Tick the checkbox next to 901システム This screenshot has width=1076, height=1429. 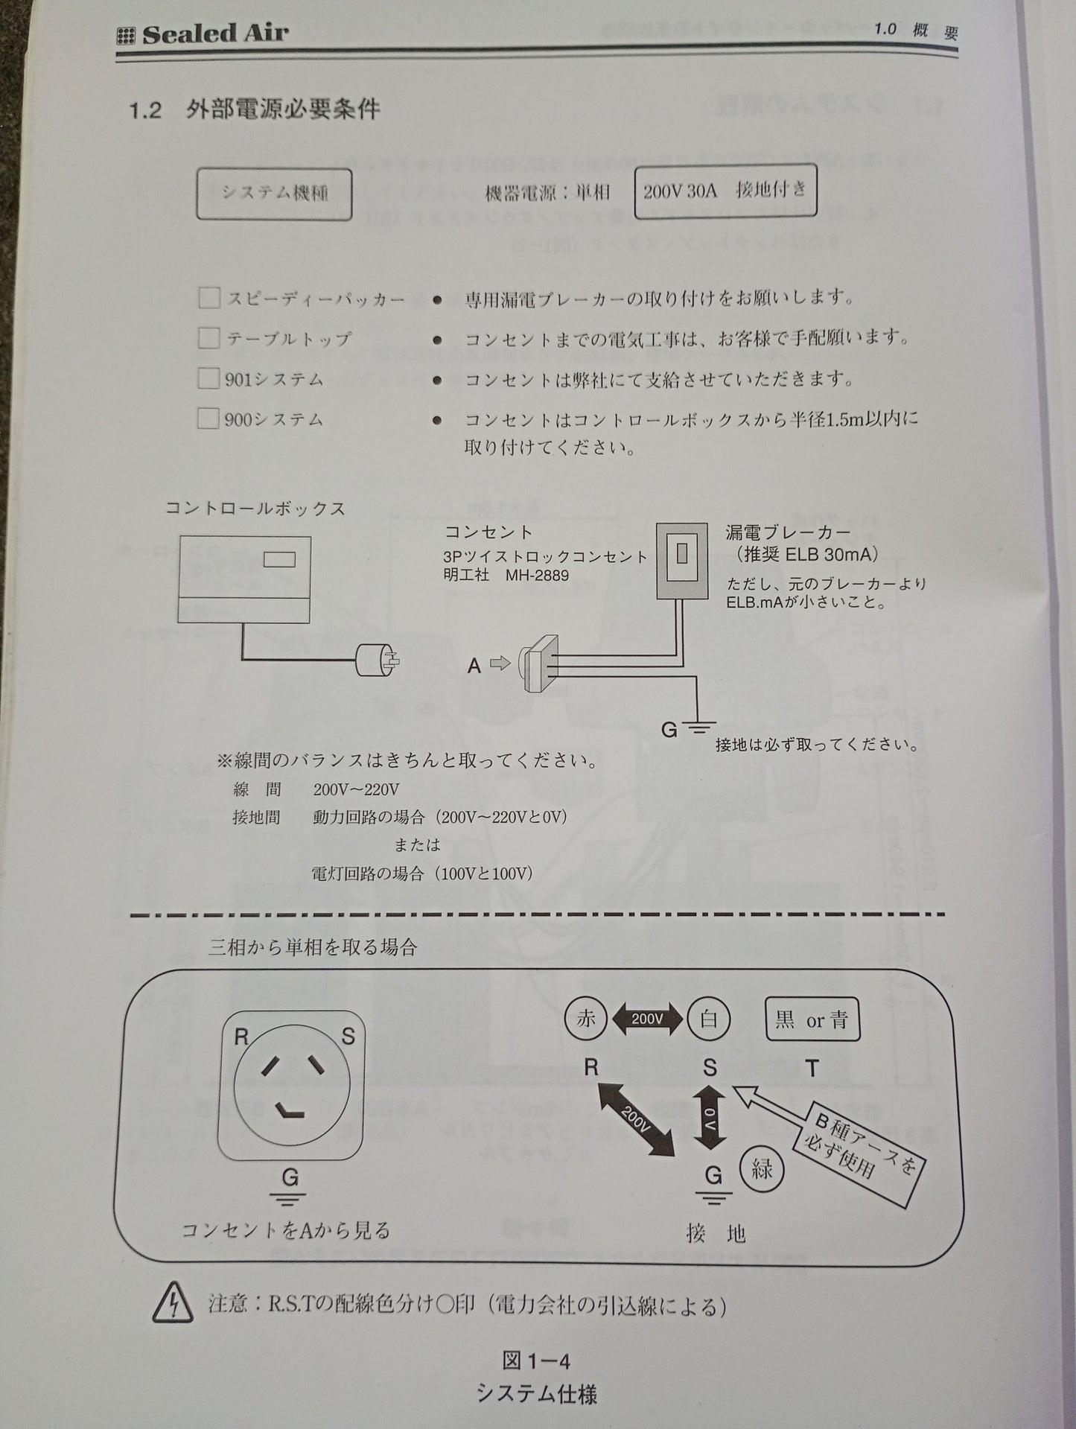tap(208, 378)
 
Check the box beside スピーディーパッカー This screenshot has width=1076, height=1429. tap(208, 298)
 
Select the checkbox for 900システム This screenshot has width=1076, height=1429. tap(208, 418)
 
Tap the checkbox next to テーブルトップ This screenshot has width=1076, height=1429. tap(208, 338)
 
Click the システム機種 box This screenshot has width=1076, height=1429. tap(274, 193)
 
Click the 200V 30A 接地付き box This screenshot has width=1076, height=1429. tap(725, 191)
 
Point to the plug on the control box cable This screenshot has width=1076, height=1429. tap(378, 659)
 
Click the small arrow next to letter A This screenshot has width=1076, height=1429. tap(500, 663)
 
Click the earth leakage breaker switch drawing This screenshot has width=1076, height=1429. tap(682, 561)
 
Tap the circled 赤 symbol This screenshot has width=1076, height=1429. tap(585, 1019)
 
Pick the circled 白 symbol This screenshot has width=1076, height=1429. tap(708, 1019)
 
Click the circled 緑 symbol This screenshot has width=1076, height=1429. tap(762, 1168)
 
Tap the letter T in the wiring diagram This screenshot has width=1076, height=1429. tap(812, 1069)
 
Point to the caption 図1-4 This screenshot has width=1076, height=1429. tap(536, 1361)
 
